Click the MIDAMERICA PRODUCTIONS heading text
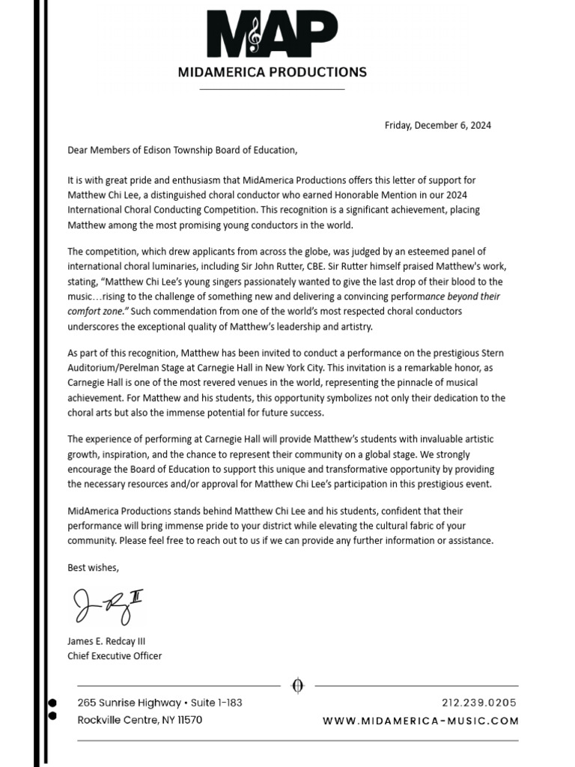click(272, 73)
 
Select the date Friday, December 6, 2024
click(437, 125)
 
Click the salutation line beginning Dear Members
click(182, 150)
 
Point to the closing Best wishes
click(93, 567)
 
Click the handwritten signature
click(107, 605)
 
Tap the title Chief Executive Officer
click(115, 656)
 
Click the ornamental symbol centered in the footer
click(297, 685)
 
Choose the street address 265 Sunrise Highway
click(130, 703)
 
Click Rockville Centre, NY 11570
click(139, 720)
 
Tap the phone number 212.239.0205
click(479, 703)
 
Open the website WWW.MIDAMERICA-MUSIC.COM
click(420, 721)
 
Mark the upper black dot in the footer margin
click(52, 703)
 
